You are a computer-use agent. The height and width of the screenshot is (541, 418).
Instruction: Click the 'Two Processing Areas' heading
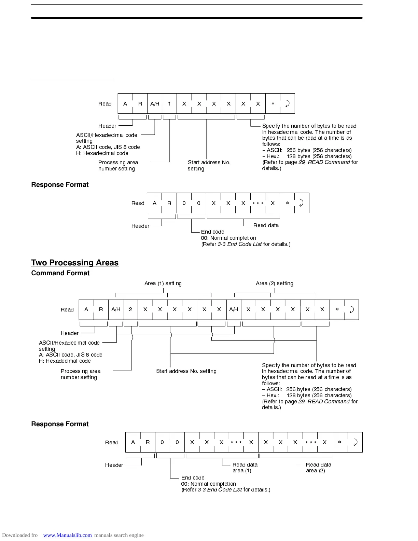pos(75,263)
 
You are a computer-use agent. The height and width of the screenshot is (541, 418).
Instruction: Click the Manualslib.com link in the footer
pos(67,535)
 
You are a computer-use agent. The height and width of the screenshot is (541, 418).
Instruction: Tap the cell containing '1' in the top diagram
pos(169,103)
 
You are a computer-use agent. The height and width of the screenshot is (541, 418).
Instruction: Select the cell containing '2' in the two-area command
pos(130,309)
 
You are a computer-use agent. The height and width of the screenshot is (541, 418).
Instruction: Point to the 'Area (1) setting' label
pos(163,283)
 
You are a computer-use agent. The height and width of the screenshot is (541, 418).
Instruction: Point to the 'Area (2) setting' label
pos(275,283)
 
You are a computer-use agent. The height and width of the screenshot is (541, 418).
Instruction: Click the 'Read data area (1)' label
pos(245,468)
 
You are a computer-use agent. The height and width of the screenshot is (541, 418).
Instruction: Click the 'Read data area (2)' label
pos(318,468)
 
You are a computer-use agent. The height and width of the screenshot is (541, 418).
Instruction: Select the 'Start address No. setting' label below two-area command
pos(186,371)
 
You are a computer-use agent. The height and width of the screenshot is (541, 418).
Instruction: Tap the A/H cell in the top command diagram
pos(155,103)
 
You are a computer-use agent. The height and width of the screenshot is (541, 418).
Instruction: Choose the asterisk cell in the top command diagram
pos(273,103)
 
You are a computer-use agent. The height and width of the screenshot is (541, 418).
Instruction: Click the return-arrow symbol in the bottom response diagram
pos(355,442)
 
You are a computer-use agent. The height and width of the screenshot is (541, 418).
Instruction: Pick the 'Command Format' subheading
pos(60,273)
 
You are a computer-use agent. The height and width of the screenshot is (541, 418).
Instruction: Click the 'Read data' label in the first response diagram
pos(266,225)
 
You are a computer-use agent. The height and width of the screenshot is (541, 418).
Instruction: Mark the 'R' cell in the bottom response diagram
pos(148,442)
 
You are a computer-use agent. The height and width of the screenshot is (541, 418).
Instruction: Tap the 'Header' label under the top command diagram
pos(107,126)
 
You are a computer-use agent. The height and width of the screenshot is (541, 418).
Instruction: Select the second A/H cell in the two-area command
pos(234,309)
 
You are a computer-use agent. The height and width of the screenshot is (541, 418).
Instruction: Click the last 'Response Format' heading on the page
pos(60,424)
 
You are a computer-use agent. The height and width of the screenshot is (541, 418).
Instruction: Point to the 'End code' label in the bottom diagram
pos(193,478)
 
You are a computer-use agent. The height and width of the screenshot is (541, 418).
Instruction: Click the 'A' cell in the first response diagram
pos(154,203)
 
